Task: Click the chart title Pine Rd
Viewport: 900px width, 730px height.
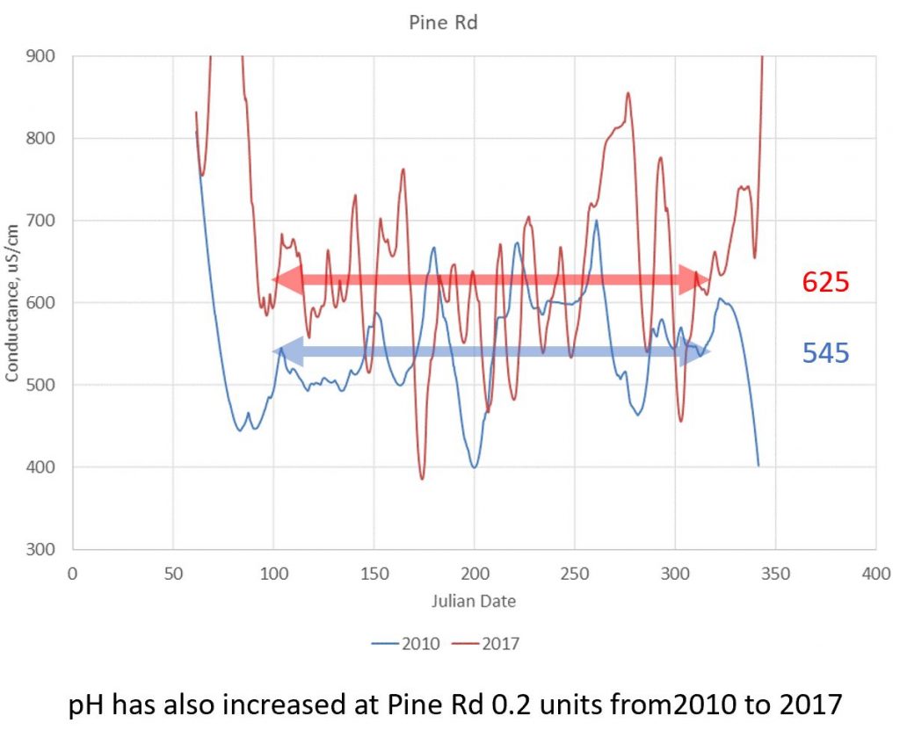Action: click(x=443, y=23)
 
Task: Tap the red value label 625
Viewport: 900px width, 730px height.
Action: click(x=825, y=282)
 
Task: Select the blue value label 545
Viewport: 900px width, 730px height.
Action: click(x=825, y=353)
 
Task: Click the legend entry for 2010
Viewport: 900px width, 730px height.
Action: click(x=400, y=643)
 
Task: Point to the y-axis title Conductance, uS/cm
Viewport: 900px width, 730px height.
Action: click(x=12, y=303)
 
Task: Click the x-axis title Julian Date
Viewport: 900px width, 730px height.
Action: click(x=474, y=602)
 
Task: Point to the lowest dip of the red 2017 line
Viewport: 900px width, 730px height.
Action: click(x=422, y=479)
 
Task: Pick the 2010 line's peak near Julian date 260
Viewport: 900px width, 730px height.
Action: click(x=596, y=220)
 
